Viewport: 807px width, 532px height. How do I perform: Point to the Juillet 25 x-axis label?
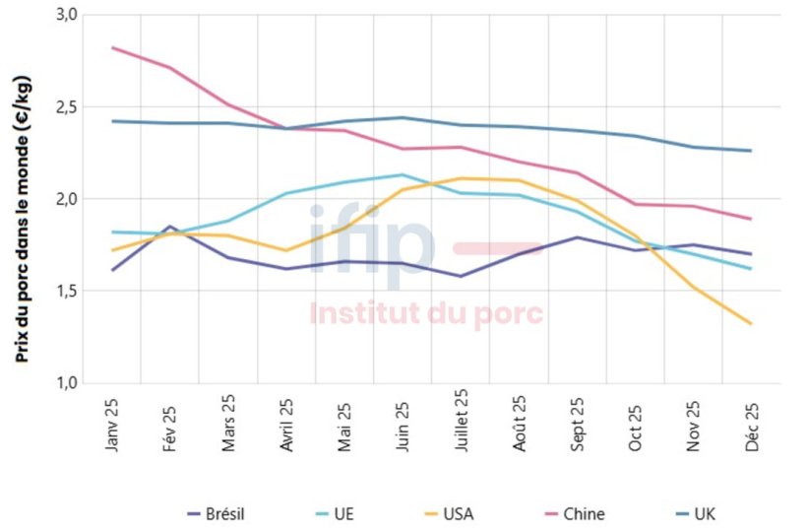click(461, 421)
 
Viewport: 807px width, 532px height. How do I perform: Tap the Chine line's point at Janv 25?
click(112, 47)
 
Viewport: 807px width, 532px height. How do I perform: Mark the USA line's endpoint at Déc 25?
click(752, 323)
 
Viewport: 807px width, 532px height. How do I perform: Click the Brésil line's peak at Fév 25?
click(170, 227)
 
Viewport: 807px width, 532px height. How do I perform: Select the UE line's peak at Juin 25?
click(403, 175)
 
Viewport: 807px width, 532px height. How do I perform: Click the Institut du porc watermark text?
click(426, 314)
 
